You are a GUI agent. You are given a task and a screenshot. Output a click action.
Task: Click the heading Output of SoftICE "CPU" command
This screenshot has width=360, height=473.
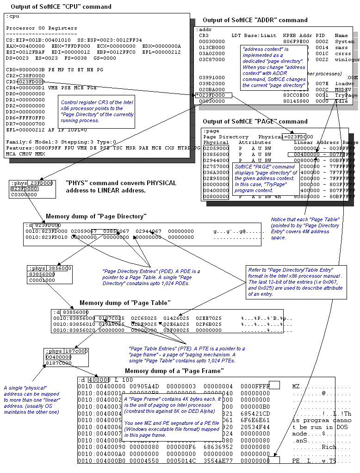click(x=58, y=6)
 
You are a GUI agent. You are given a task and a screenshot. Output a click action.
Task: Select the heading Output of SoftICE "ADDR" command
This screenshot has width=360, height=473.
click(x=254, y=20)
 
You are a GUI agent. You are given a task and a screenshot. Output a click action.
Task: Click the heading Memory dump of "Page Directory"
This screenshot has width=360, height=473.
click(x=96, y=216)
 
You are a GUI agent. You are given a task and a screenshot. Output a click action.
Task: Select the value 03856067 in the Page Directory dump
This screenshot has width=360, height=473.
click(x=118, y=231)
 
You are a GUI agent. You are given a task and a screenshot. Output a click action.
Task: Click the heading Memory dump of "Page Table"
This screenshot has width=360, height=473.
click(x=124, y=303)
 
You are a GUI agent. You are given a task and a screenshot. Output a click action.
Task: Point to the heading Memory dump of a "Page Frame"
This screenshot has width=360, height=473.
click(x=174, y=371)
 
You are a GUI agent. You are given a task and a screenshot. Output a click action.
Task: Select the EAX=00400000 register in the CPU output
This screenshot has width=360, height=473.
click(x=22, y=46)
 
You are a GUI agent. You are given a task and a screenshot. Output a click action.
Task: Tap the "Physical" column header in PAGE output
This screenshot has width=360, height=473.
click(x=216, y=143)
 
